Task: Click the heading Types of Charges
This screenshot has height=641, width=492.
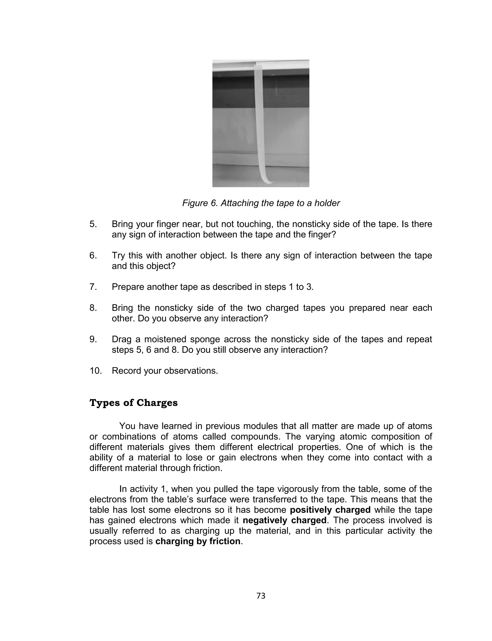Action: click(134, 403)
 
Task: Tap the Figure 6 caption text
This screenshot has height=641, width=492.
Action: click(261, 203)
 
